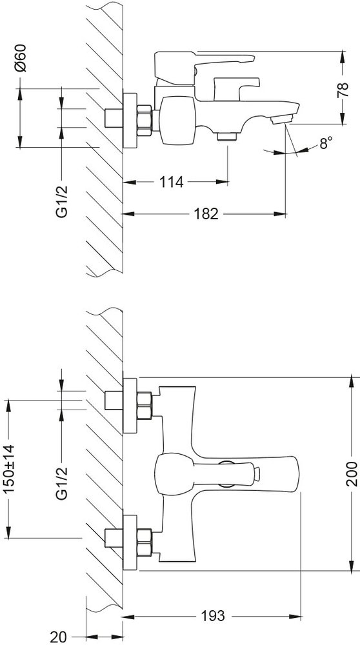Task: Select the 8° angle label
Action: tap(326, 143)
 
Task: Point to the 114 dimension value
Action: tap(171, 182)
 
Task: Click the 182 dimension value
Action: tap(206, 214)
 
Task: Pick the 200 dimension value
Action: tap(352, 473)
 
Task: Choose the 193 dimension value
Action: tap(212, 616)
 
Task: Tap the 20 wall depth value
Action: tap(59, 637)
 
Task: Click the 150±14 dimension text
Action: tap(8, 469)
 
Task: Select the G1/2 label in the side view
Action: tap(62, 200)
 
